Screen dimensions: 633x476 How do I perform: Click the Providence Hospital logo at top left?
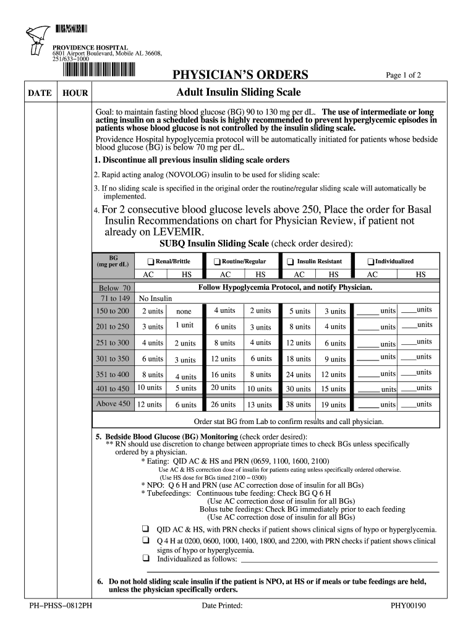(36, 41)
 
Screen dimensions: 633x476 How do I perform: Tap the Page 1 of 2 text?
(403, 75)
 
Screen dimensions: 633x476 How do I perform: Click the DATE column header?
(40, 93)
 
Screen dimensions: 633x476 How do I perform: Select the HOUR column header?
(75, 93)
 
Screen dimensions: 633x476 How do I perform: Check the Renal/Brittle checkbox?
(150, 261)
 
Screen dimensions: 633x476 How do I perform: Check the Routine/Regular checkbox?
(217, 261)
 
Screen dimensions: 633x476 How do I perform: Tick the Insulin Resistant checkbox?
(291, 261)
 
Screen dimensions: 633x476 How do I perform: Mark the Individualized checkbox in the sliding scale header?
(370, 261)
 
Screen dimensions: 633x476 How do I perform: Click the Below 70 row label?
(114, 288)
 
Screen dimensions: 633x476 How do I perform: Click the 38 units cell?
(299, 405)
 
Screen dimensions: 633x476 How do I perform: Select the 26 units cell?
(223, 405)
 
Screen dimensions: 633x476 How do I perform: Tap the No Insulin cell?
(155, 299)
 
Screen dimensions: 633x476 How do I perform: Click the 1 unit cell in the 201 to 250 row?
(184, 325)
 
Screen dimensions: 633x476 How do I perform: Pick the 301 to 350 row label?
(113, 359)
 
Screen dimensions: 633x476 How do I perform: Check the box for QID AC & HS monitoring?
(145, 529)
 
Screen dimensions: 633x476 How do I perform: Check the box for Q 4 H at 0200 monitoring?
(145, 540)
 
